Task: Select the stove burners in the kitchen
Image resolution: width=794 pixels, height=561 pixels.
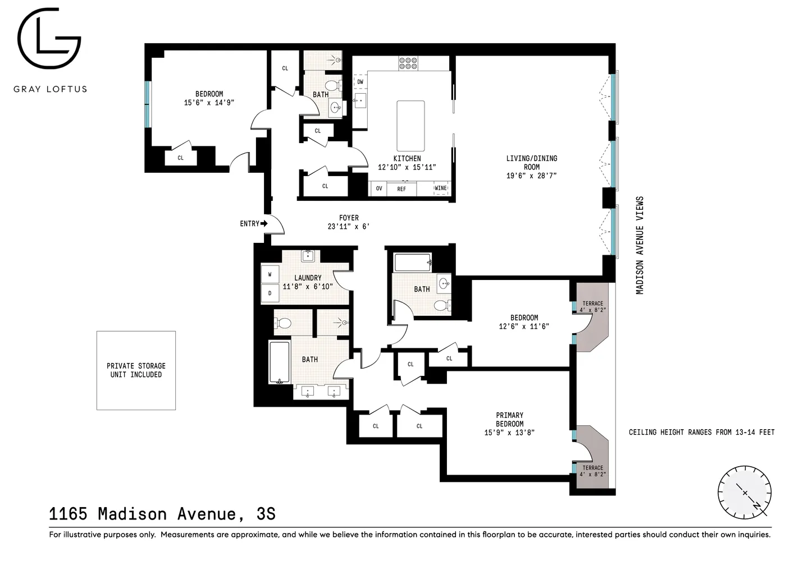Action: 408,63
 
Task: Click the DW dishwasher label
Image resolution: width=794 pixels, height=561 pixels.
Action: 360,82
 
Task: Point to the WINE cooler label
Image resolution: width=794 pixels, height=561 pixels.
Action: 441,188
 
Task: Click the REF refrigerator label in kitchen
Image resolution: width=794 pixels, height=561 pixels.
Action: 401,189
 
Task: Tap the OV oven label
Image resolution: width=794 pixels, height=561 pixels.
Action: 379,188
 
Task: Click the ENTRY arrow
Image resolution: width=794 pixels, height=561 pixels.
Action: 264,223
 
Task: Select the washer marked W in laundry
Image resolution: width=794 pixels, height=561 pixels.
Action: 270,275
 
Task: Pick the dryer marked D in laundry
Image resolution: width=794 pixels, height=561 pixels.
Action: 270,293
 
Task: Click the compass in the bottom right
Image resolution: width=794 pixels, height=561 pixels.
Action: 745,492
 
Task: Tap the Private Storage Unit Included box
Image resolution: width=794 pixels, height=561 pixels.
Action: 136,370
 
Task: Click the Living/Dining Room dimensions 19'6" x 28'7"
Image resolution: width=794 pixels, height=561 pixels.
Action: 531,176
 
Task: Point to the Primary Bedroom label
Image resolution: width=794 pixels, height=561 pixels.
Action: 509,420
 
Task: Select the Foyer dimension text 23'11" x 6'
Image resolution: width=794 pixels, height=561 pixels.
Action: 348,227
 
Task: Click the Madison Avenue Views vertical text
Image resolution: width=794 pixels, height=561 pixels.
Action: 639,245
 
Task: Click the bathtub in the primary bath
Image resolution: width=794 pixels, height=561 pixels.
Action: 279,362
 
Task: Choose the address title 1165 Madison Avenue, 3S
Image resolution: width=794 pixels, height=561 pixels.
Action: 162,514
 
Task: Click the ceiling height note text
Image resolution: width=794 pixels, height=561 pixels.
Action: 701,432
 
